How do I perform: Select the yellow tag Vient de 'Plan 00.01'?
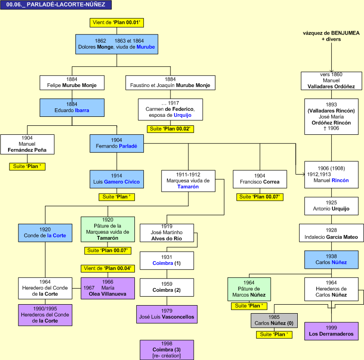coord(116,23)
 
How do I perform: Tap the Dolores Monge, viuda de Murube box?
coord(116,44)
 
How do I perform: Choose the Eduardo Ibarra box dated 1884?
coord(72,107)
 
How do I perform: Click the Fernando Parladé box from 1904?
coord(116,143)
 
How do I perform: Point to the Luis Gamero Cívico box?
coord(116,179)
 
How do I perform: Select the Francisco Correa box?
coord(259,179)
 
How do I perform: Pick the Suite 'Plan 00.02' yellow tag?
coord(170,129)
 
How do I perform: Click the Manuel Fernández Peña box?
coord(27,144)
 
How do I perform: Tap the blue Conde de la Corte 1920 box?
coord(45,232)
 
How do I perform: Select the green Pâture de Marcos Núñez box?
coord(249,289)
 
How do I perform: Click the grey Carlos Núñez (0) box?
coord(274,320)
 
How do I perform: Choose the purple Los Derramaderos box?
coord(331,331)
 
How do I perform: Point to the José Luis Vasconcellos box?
coord(167,314)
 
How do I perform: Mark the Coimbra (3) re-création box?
coord(167,350)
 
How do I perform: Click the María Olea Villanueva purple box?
coord(107,288)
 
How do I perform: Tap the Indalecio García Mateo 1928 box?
coord(331,233)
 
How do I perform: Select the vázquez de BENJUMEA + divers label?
coord(331,36)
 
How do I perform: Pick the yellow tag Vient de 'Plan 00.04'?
coord(107,268)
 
